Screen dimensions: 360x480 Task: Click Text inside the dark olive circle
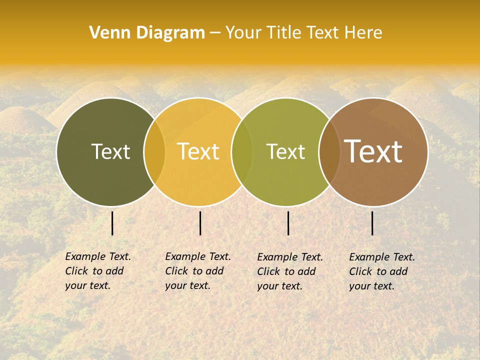tap(110, 151)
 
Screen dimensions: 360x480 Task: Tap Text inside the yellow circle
tap(198, 151)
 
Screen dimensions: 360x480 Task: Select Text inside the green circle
tap(285, 151)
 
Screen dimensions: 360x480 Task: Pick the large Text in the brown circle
tap(373, 151)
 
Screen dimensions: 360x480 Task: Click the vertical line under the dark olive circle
tap(112, 223)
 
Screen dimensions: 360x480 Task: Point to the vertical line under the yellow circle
tap(200, 223)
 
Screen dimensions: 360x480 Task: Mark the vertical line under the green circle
tap(288, 223)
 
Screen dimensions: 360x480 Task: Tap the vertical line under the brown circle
tap(372, 223)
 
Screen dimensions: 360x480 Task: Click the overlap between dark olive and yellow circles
tap(154, 152)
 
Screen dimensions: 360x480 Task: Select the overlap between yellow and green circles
tap(242, 152)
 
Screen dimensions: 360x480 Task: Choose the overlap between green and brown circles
tap(329, 152)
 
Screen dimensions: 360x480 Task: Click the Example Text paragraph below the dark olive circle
tap(98, 271)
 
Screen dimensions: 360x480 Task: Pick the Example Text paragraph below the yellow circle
tap(198, 271)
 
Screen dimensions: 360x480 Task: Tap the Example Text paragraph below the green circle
tap(290, 271)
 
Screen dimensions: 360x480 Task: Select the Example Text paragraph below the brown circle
tap(382, 271)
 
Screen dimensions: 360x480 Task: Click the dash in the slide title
tap(215, 33)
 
